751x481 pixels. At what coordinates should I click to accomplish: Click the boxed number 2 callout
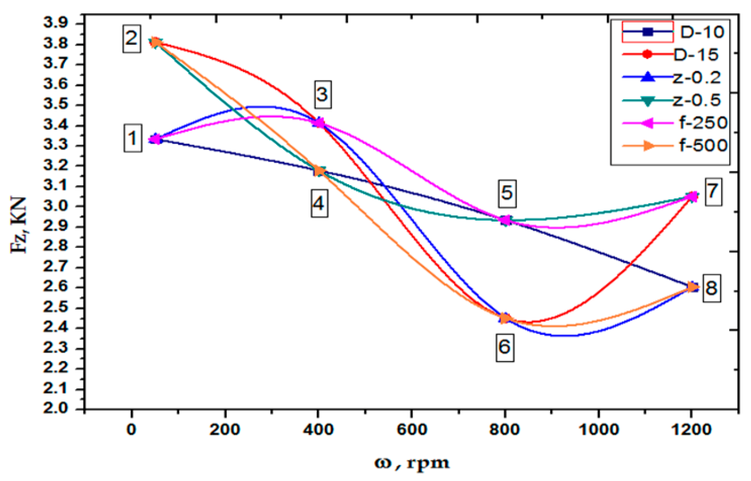coord(132,39)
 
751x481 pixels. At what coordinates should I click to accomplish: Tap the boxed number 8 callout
coord(711,288)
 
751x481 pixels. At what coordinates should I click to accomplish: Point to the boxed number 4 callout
coord(319,203)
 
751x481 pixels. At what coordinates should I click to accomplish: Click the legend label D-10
coord(702,32)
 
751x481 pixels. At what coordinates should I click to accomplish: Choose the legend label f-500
coord(703,146)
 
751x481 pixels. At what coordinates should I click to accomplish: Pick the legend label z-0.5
coord(696,100)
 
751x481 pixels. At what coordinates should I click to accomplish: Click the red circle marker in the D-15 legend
coord(647,54)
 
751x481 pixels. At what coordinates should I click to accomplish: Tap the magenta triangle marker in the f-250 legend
coord(647,123)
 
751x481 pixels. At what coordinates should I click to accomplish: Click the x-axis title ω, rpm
coord(412,463)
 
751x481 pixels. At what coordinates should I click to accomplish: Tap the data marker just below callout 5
coord(506,220)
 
